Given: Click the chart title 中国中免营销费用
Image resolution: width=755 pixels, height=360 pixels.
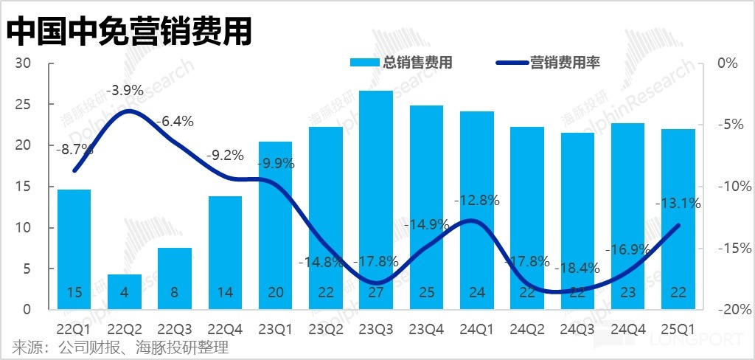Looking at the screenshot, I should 130,32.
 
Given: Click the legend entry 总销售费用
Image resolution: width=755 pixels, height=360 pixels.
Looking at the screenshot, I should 402,63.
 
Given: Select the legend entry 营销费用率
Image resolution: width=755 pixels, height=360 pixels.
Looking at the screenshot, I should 549,63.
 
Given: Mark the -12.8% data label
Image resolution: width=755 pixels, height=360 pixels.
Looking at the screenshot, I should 476,200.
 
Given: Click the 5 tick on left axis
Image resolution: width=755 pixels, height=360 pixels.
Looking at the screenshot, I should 27,269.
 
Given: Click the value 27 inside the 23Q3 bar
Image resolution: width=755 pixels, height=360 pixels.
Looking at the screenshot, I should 376,293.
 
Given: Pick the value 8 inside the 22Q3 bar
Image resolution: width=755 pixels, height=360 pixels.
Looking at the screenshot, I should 175,293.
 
